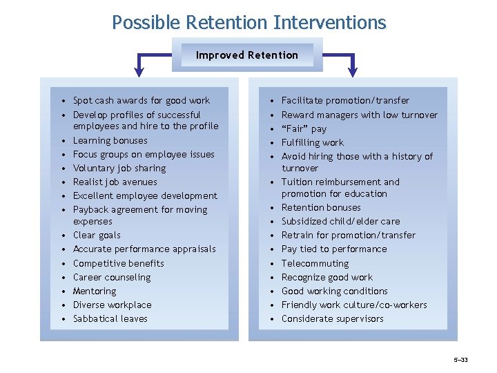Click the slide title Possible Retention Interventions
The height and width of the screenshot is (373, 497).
pos(248,23)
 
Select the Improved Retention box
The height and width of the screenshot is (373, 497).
pos(246,55)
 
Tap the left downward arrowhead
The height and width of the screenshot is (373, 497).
pos(140,69)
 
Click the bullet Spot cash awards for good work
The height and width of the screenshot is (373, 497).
pos(141,101)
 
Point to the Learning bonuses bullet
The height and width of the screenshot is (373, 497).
pos(110,141)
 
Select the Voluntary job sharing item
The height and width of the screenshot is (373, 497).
pos(119,169)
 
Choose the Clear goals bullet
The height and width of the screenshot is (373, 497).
pos(96,236)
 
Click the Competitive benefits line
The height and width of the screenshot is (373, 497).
pos(118,263)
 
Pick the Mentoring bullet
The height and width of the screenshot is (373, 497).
pos(95,291)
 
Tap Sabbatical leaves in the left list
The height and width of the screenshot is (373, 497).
pos(110,319)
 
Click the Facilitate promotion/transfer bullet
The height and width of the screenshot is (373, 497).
pos(345,101)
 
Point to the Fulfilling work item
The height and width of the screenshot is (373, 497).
pos(312,143)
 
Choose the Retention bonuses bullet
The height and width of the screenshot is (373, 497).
pos(322,208)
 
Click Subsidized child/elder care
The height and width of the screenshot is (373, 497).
pos(340,222)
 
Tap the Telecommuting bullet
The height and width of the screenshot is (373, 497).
pos(315,264)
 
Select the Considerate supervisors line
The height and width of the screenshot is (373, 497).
pos(332,319)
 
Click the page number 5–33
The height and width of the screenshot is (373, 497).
pos(460,361)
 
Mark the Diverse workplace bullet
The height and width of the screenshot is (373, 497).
pos(112,305)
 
